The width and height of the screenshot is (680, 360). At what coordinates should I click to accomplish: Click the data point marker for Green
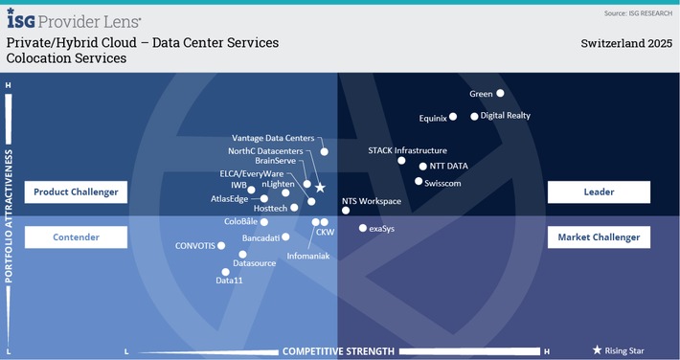[x=500, y=94]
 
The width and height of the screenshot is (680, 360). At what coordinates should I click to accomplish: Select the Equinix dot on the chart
[x=453, y=118]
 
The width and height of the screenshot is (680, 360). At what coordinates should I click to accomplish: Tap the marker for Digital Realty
[x=474, y=116]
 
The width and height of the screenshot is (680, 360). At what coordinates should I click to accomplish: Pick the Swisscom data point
[x=418, y=181]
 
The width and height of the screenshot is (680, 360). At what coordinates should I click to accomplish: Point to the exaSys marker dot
[x=362, y=229]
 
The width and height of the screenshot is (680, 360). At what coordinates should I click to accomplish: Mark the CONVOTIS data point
[x=221, y=245]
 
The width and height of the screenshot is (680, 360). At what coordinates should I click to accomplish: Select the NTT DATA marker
[x=422, y=166]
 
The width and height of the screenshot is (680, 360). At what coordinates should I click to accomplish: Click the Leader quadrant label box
[x=599, y=192]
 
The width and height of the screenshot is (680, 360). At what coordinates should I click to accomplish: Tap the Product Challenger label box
[x=76, y=192]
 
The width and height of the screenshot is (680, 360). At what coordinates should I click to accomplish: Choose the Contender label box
[x=76, y=236]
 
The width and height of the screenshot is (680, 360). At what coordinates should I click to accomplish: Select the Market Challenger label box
[x=599, y=236]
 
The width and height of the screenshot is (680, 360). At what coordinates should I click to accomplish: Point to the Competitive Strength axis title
[x=338, y=351]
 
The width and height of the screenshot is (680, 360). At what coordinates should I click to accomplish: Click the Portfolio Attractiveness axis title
[x=10, y=216]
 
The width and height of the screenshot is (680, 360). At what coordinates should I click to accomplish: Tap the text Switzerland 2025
[x=626, y=43]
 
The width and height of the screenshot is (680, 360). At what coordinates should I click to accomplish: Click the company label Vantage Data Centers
[x=273, y=139]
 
